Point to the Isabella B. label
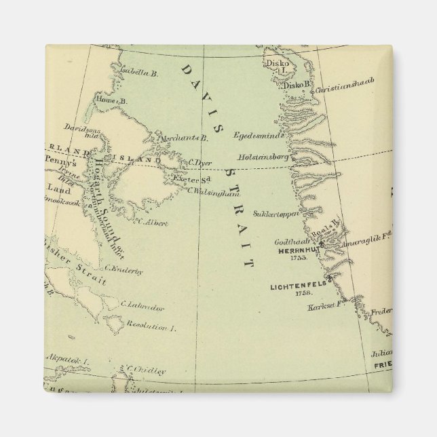tap(138, 71)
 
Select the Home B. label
tap(112, 100)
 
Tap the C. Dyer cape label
tap(201, 162)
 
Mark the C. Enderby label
tap(124, 271)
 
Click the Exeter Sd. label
tap(189, 178)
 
